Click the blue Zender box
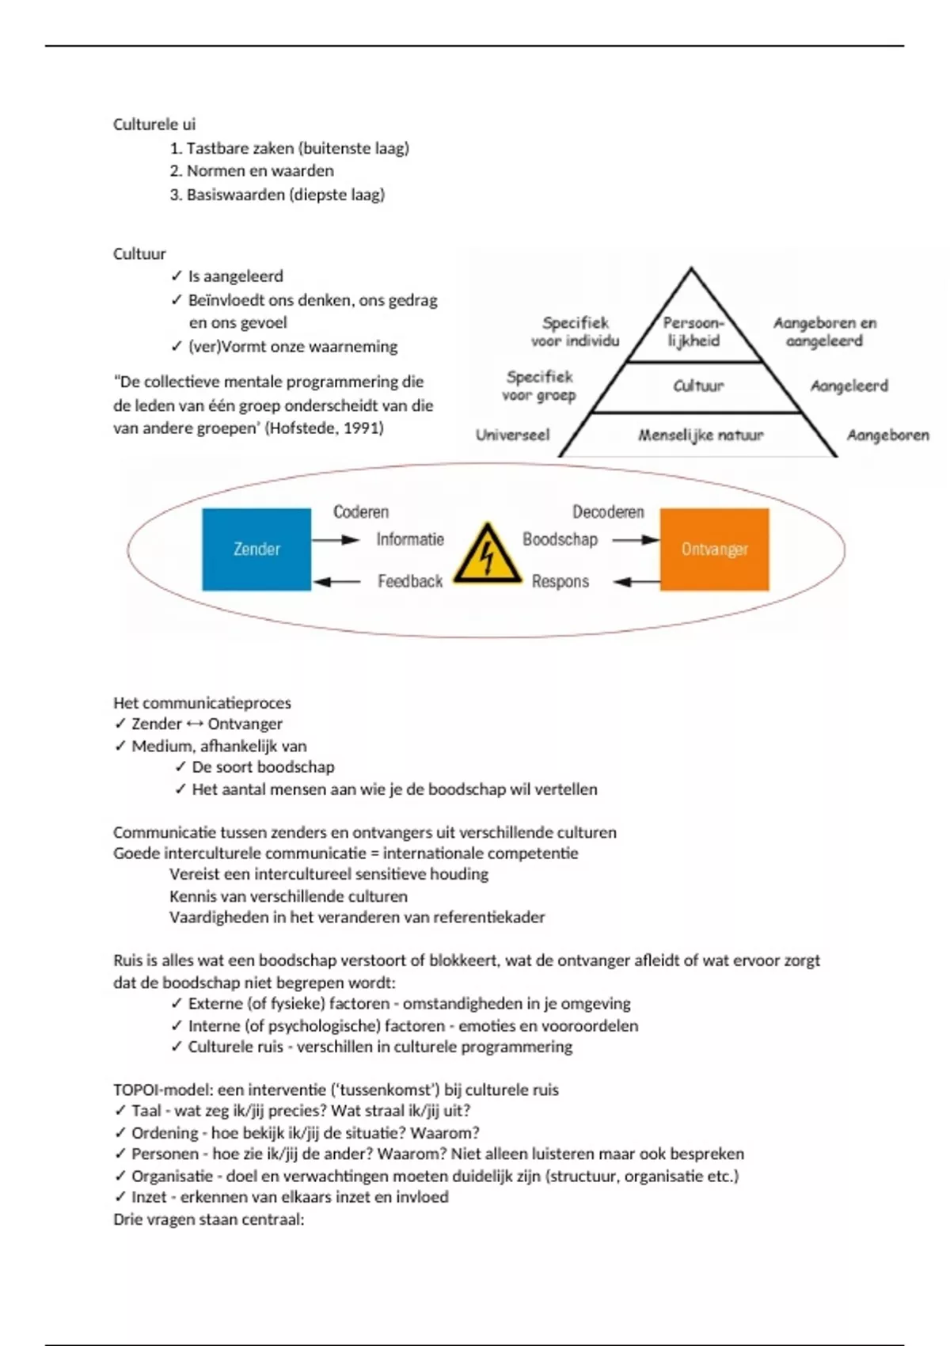tap(256, 549)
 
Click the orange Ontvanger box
tap(714, 549)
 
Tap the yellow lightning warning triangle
tap(487, 553)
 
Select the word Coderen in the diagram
tap(361, 511)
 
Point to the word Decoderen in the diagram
tap(608, 511)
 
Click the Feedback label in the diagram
tap(410, 581)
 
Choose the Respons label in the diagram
tap(560, 581)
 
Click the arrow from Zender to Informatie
tap(336, 540)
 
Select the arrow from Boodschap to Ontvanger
tap(636, 540)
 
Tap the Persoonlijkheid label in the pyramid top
tap(693, 332)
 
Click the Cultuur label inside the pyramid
tap(698, 386)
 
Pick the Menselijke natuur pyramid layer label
tap(701, 435)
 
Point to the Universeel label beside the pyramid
tap(512, 435)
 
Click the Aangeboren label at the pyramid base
tap(887, 435)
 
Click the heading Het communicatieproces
tap(202, 702)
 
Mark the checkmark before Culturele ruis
tap(177, 1047)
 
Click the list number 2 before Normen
tap(175, 171)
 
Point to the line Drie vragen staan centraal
tap(208, 1219)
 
